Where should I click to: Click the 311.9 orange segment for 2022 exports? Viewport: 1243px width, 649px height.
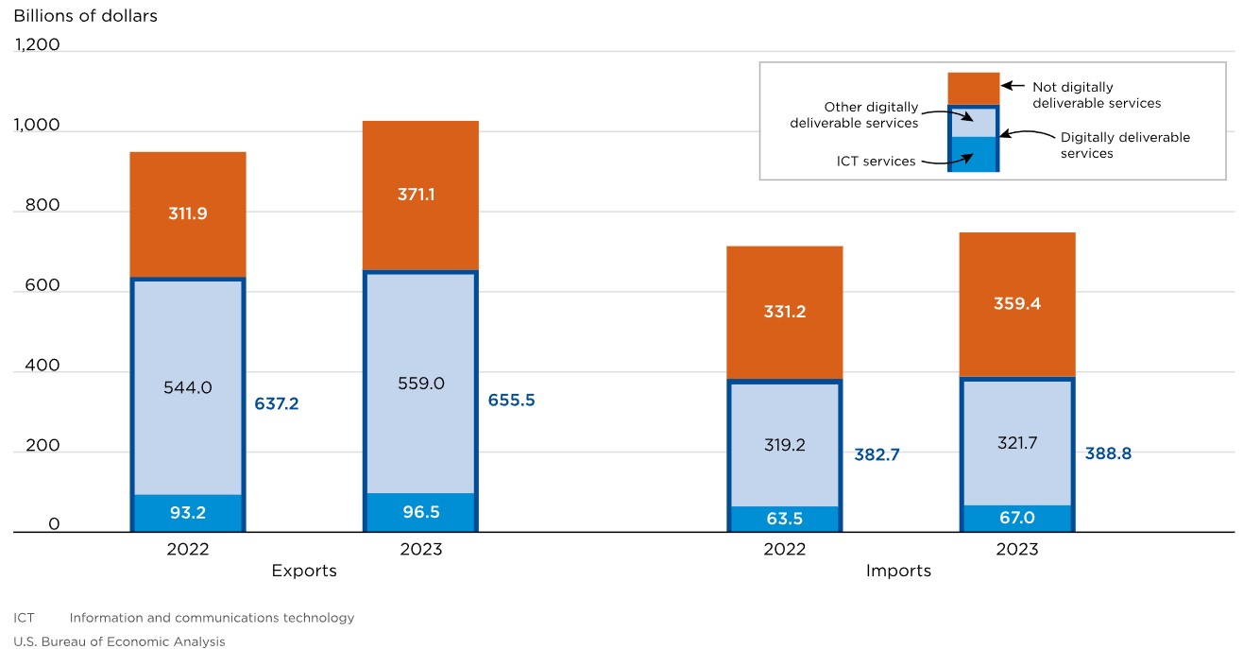pyautogui.click(x=188, y=214)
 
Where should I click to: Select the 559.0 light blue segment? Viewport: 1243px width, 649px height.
pyautogui.click(x=421, y=384)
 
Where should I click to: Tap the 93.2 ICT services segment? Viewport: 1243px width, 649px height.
pyautogui.click(x=188, y=512)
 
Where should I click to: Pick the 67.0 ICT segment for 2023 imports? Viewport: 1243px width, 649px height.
pyautogui.click(x=1017, y=518)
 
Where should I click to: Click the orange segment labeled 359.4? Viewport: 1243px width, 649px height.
pyautogui.click(x=1017, y=304)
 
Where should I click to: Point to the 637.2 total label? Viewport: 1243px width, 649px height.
pyautogui.click(x=277, y=403)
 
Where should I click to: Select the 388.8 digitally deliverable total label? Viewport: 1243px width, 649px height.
pyautogui.click(x=1108, y=453)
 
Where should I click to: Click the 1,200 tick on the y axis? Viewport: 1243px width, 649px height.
pyautogui.click(x=37, y=44)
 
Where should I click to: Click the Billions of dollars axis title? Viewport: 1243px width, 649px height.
pyautogui.click(x=86, y=16)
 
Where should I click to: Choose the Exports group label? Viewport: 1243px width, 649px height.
pyautogui.click(x=304, y=571)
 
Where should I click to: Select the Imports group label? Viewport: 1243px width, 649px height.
pyautogui.click(x=898, y=571)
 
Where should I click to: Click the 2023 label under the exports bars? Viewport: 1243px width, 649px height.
pyautogui.click(x=420, y=549)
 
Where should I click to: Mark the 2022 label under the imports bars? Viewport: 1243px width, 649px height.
pyautogui.click(x=784, y=549)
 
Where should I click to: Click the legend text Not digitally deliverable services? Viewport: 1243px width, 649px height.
pyautogui.click(x=1096, y=94)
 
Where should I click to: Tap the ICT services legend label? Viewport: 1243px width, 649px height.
pyautogui.click(x=876, y=162)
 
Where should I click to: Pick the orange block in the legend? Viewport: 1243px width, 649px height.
pyautogui.click(x=973, y=88)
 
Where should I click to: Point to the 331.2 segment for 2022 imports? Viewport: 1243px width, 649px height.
pyautogui.click(x=784, y=312)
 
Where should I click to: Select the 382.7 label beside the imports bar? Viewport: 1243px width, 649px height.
pyautogui.click(x=876, y=454)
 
